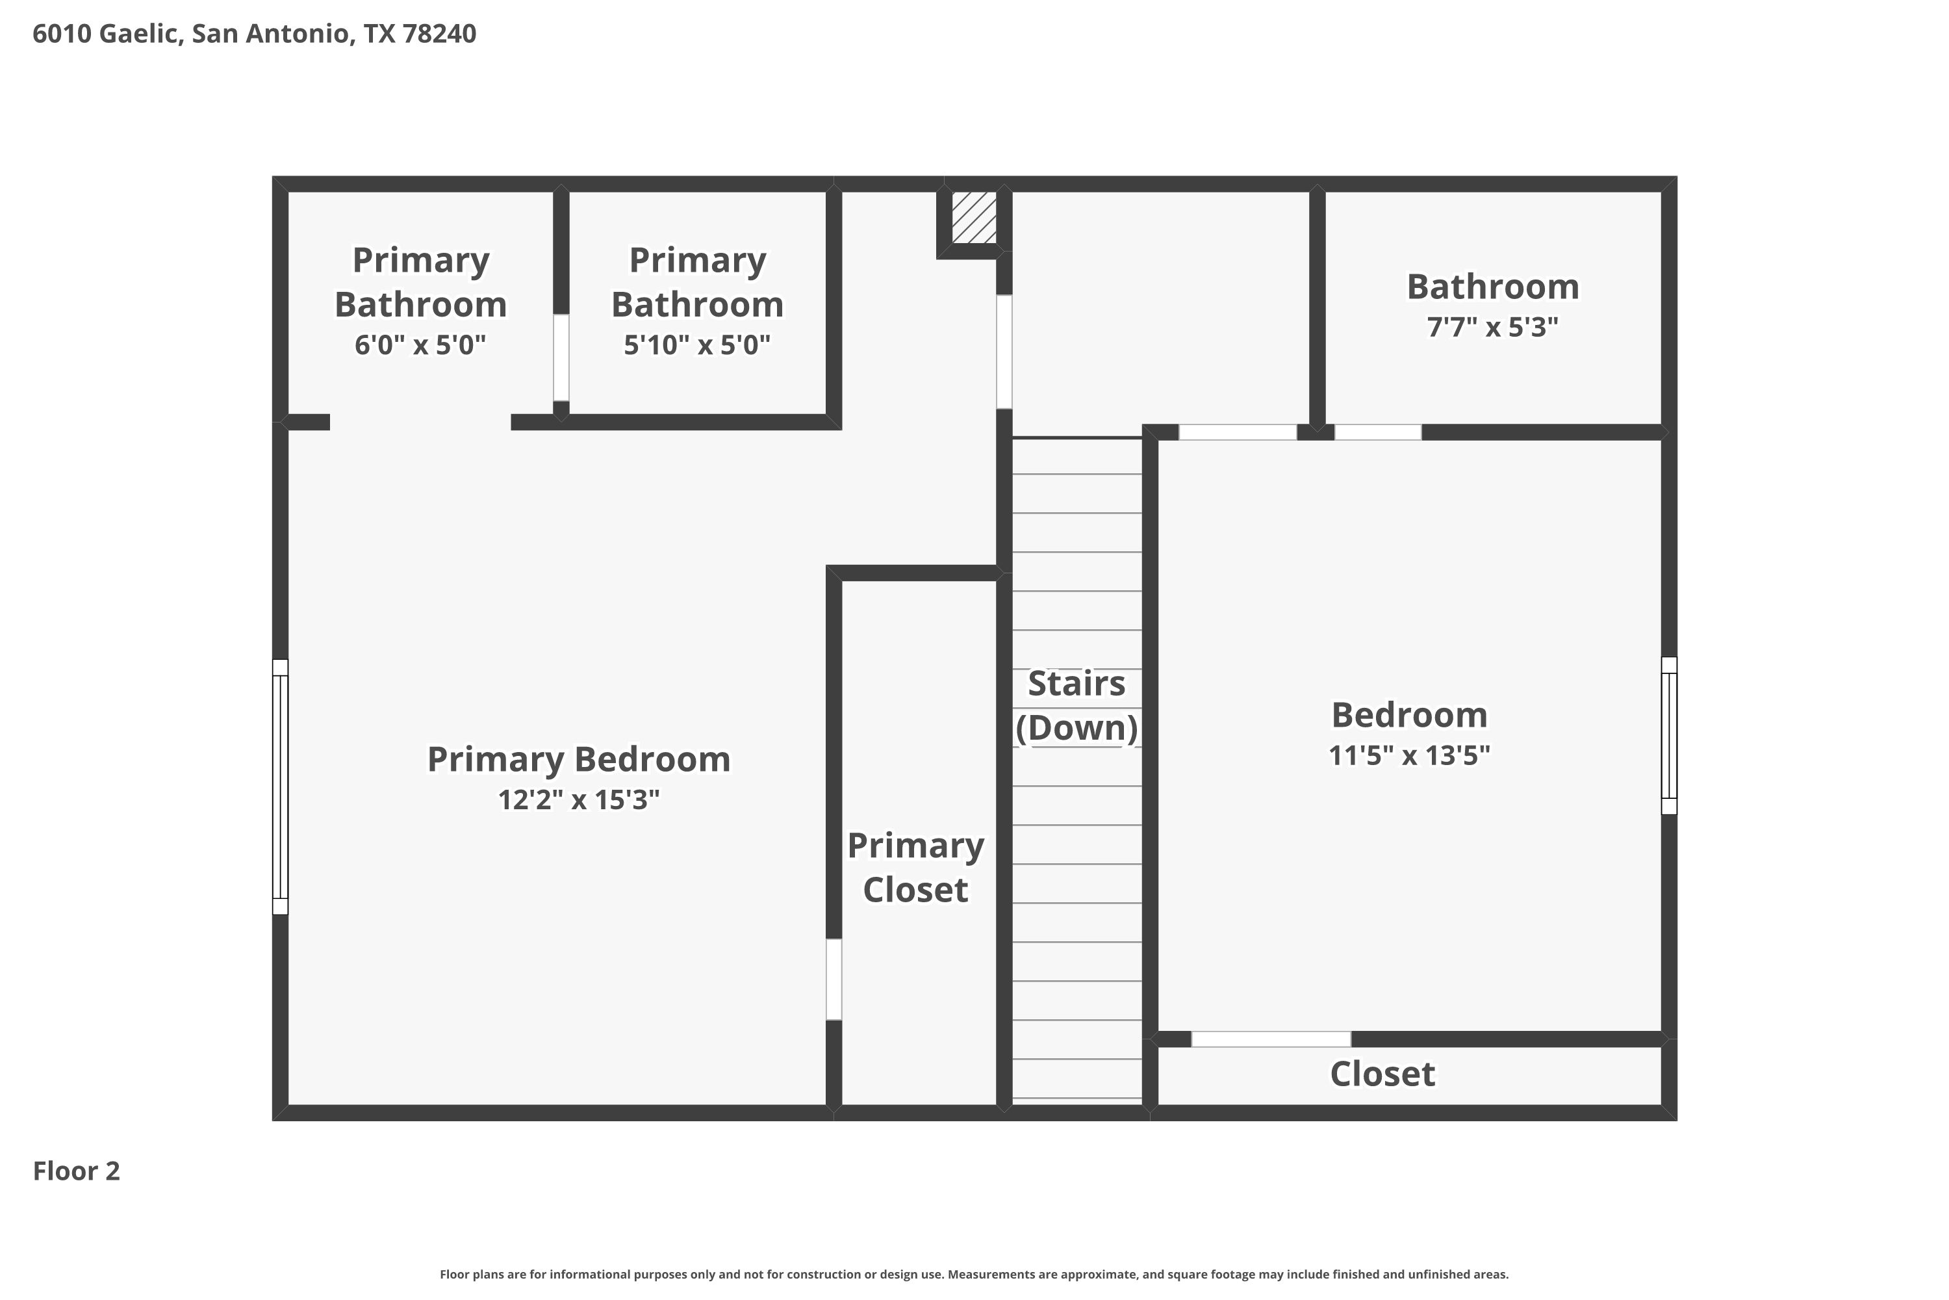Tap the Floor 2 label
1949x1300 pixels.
coord(76,1171)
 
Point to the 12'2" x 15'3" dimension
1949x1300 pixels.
coord(578,799)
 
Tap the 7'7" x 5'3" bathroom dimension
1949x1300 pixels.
coord(1492,327)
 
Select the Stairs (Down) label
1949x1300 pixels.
coord(1076,705)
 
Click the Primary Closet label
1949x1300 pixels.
coord(915,867)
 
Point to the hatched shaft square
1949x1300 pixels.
coord(974,218)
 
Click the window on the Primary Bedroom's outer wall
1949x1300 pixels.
coord(280,786)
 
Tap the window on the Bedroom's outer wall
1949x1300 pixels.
coord(1669,735)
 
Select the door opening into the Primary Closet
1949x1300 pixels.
coord(834,979)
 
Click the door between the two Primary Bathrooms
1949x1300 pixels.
coord(561,357)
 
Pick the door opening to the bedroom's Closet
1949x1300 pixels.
coord(1271,1039)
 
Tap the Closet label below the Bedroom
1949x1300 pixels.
coord(1382,1074)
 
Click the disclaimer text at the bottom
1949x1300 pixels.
coord(974,1274)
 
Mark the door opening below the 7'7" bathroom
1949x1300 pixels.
coord(1378,432)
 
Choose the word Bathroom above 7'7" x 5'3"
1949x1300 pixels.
coord(1492,287)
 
